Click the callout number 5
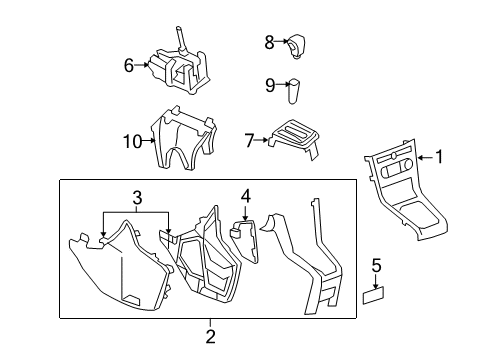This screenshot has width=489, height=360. tap(376, 265)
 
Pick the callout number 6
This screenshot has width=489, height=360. tap(129, 66)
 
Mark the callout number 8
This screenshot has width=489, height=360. tap(269, 42)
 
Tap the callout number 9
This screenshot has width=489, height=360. tap(269, 85)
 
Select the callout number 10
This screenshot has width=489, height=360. tap(130, 142)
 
